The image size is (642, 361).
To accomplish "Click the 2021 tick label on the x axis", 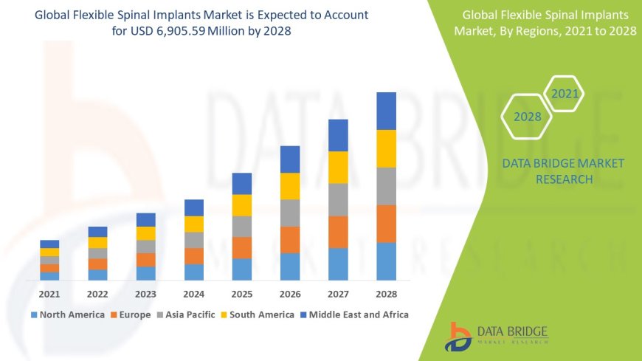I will click(49, 293).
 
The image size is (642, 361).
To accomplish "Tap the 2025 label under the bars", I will click(242, 293).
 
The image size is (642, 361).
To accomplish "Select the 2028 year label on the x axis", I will click(387, 293).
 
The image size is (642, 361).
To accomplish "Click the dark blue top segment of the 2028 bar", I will click(387, 111).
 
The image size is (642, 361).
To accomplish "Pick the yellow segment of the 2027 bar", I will click(338, 167).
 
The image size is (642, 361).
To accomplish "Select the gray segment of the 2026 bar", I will click(290, 213).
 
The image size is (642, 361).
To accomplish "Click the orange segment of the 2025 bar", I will click(242, 247).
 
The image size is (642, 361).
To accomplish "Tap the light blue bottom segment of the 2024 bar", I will click(194, 272).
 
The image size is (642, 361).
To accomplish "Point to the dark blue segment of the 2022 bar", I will click(97, 232).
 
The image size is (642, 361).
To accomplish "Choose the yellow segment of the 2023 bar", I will click(146, 233).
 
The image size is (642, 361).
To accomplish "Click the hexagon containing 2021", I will click(565, 94).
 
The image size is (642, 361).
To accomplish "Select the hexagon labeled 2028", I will click(527, 117).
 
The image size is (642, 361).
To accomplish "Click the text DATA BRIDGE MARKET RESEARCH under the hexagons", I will click(563, 171).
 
